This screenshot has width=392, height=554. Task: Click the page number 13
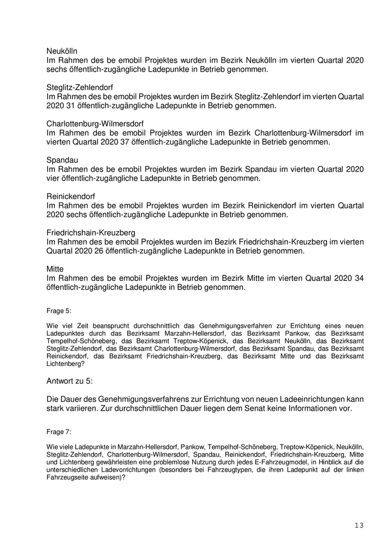(359, 525)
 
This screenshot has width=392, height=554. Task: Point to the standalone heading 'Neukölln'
(62, 51)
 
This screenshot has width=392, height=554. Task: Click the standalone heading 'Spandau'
(62, 160)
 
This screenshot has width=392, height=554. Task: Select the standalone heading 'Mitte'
(55, 269)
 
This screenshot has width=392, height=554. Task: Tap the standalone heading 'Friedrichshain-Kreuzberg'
(91, 233)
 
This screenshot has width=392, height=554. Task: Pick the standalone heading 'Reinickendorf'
(71, 196)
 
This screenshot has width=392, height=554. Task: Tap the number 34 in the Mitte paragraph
(358, 279)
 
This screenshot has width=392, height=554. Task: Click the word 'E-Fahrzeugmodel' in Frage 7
(269, 463)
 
